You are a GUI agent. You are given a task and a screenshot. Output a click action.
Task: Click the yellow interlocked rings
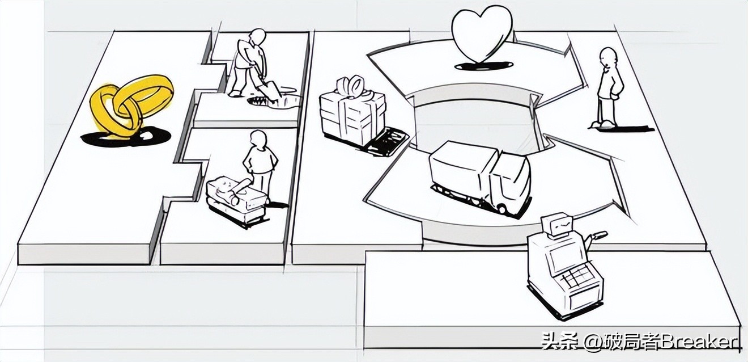pyautogui.click(x=132, y=106)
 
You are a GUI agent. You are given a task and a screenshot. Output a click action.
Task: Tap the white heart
pyautogui.click(x=482, y=35)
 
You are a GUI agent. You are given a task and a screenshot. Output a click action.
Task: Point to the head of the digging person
pyautogui.click(x=258, y=36)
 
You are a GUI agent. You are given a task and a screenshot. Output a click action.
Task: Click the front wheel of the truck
pyautogui.click(x=502, y=209)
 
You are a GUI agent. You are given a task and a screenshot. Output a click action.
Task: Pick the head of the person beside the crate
pyautogui.click(x=259, y=138)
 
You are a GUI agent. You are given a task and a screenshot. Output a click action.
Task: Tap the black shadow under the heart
pyautogui.click(x=484, y=65)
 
